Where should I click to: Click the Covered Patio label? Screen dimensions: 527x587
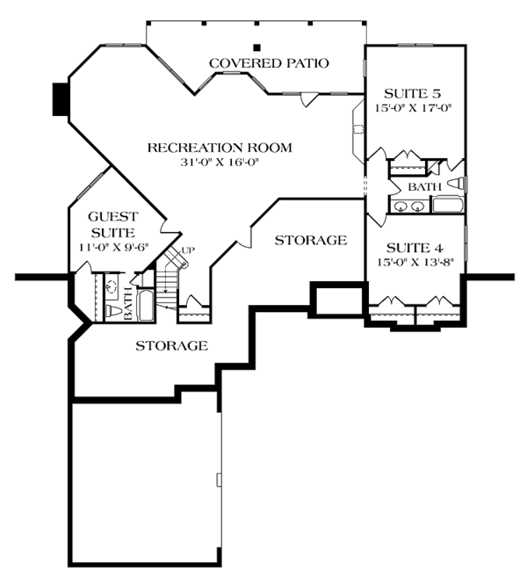click(x=269, y=63)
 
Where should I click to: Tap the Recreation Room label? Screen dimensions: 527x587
click(x=220, y=148)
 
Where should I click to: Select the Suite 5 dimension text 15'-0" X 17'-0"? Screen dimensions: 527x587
click(x=414, y=108)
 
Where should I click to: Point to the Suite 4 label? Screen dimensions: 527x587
click(x=415, y=248)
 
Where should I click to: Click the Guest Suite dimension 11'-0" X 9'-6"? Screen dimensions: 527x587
click(x=114, y=247)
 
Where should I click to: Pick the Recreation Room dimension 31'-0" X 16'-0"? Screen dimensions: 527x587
click(x=220, y=163)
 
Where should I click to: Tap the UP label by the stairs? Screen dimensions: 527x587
click(x=188, y=250)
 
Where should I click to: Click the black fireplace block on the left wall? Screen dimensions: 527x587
click(x=60, y=99)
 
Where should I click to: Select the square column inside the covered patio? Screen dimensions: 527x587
click(x=256, y=47)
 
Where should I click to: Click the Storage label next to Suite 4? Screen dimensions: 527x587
click(x=311, y=240)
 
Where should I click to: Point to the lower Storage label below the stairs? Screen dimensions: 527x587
click(x=171, y=345)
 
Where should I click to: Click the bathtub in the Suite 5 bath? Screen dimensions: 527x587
click(x=448, y=205)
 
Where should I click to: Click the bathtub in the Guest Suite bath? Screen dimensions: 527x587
click(x=146, y=305)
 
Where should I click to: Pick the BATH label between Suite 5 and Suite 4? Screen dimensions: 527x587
click(x=424, y=187)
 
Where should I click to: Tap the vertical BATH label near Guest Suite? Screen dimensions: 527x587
click(x=128, y=304)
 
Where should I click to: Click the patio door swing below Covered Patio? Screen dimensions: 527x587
click(x=309, y=99)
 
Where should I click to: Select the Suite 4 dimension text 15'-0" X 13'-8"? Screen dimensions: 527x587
click(x=415, y=263)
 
